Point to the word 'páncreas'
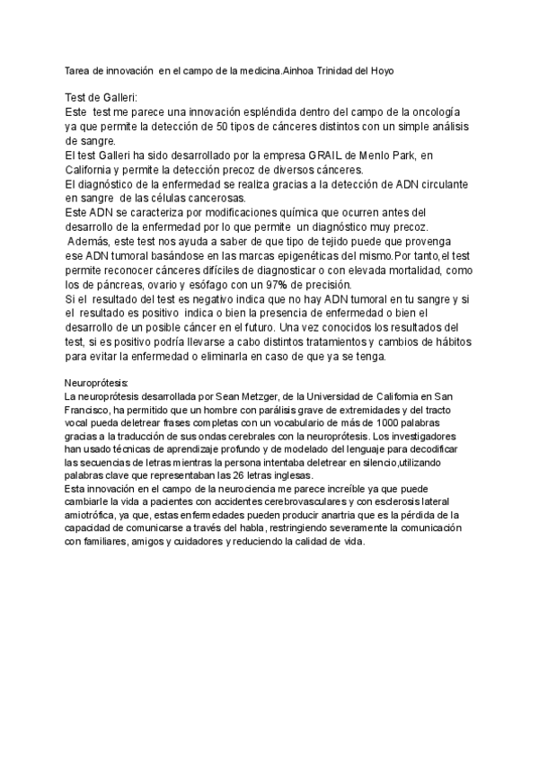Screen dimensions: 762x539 (x=113, y=284)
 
